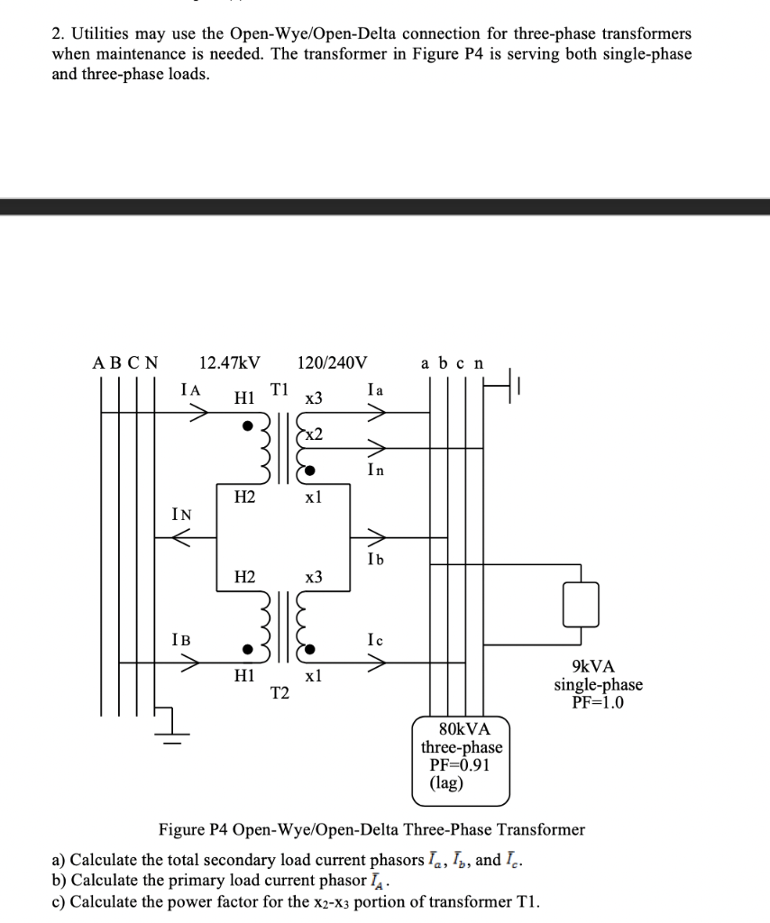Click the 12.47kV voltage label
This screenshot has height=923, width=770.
[230, 363]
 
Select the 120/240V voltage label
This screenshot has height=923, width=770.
[332, 363]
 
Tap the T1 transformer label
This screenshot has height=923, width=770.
[280, 389]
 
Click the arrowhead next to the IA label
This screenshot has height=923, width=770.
[198, 413]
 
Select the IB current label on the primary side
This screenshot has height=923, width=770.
[180, 640]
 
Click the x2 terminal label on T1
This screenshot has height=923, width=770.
[313, 434]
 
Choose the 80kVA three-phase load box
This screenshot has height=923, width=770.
[462, 757]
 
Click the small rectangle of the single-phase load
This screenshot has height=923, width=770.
[581, 604]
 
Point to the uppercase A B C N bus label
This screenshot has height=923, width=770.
[125, 363]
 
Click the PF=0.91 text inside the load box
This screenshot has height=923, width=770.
[462, 765]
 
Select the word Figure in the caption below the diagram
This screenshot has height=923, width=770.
[185, 829]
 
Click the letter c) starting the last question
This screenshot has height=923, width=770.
[59, 902]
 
